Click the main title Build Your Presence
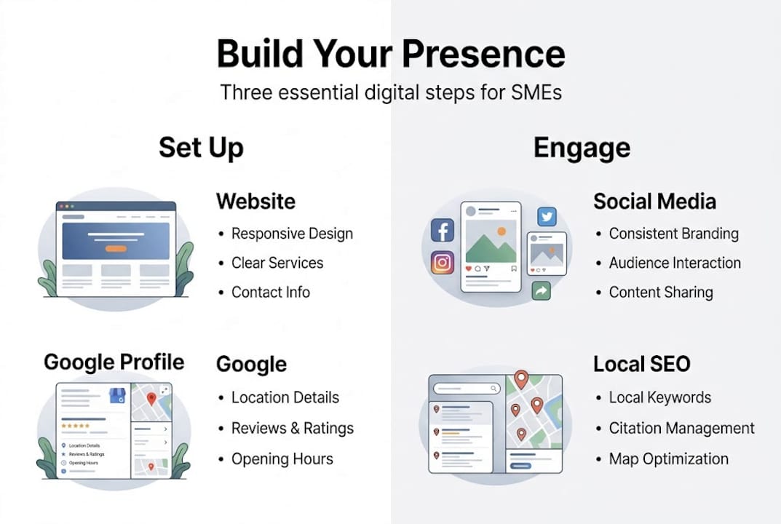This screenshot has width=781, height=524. [x=390, y=54]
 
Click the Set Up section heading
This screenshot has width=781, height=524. [x=201, y=148]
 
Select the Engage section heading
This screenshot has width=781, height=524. [x=582, y=148]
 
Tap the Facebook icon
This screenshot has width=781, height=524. [x=443, y=231]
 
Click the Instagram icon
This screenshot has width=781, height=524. [x=443, y=263]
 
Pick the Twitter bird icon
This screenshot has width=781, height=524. [x=547, y=216]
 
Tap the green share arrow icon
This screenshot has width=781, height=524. [x=541, y=290]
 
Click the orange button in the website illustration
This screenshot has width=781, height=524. [x=116, y=248]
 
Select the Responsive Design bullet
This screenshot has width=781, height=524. [x=292, y=234]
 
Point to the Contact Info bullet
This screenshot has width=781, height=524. [x=270, y=292]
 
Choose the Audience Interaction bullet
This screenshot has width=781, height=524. [x=674, y=263]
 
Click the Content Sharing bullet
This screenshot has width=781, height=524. [x=660, y=292]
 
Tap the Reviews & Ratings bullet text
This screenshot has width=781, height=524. [x=292, y=428]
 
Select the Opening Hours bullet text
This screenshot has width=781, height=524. [x=282, y=458]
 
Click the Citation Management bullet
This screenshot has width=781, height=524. [x=681, y=428]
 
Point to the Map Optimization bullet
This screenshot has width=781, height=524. [x=668, y=458]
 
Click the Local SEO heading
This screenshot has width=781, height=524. [x=641, y=364]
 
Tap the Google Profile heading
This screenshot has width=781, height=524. [x=114, y=362]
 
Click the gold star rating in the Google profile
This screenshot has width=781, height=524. [x=75, y=426]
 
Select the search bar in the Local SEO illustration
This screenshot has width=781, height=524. [x=467, y=389]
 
